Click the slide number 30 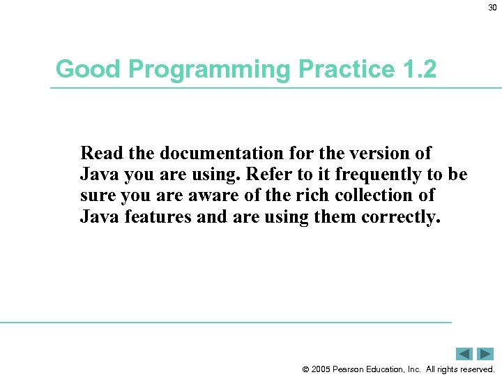[492, 8]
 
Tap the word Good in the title [79, 69]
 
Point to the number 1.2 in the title [419, 69]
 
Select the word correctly [401, 217]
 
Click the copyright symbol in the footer [306, 369]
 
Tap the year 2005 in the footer [322, 369]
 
